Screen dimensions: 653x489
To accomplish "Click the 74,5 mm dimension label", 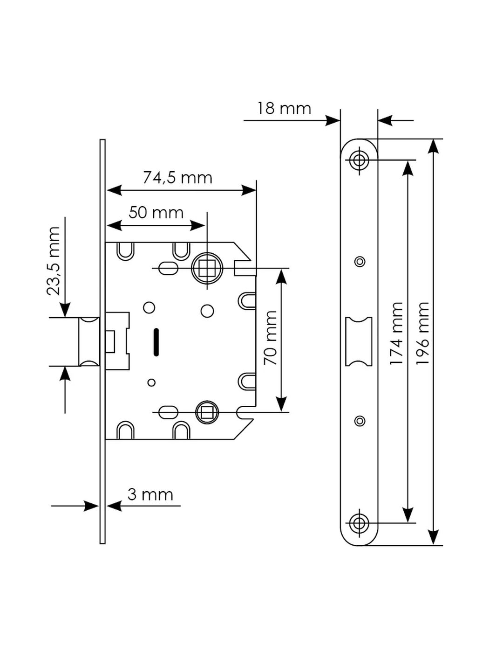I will (177, 178).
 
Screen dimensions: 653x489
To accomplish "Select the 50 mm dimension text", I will (156, 213).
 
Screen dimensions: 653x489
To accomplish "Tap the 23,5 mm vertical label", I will (54, 261).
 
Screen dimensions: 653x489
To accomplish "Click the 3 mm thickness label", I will (150, 494).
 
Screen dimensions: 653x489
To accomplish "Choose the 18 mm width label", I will (284, 109).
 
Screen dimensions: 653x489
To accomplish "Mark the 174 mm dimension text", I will (396, 333).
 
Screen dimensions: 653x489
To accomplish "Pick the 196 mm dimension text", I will (422, 333).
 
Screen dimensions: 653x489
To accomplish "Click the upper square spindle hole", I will (207, 268).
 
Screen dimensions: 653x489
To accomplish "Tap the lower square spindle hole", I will (207, 412).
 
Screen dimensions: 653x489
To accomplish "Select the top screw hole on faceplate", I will (359, 160).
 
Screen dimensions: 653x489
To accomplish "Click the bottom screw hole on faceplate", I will (359, 522).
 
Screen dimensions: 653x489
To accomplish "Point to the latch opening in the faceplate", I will (359, 341).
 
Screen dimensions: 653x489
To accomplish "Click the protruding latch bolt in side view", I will (88, 341).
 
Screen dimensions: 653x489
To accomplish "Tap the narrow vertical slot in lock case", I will (156, 341).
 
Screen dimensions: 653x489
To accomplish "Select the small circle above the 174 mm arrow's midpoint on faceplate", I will (360, 262).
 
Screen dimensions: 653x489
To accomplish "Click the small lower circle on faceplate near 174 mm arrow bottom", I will (360, 421).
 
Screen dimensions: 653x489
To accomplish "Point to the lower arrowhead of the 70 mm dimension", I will (281, 404).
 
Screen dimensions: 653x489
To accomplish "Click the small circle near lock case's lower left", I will (151, 382).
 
